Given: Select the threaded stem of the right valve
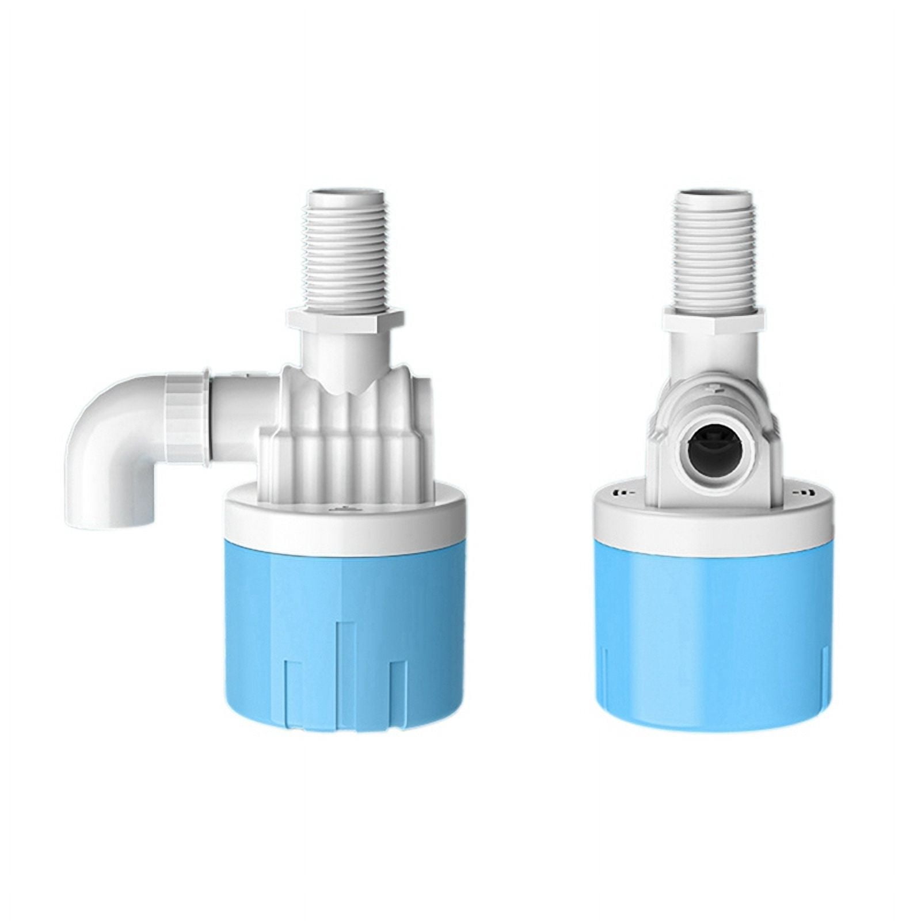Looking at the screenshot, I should [x=714, y=248].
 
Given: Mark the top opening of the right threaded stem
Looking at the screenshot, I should [x=714, y=193].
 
